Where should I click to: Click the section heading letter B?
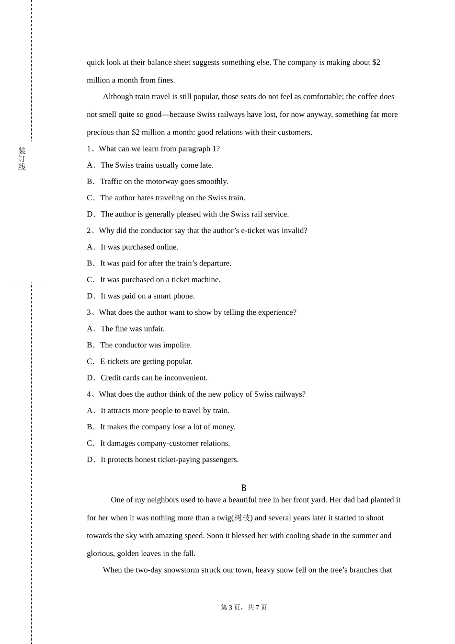point(244,488)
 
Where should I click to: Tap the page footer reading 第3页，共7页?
point(244,608)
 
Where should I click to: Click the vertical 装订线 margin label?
point(22,159)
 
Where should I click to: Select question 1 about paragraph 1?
point(153,149)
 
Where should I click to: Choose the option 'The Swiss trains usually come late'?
point(157,165)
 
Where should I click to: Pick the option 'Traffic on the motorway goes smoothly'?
point(164,182)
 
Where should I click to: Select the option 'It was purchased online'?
point(139,247)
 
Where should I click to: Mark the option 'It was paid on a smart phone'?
point(147,296)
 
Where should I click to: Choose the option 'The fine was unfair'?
point(132,329)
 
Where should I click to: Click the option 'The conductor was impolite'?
point(146,345)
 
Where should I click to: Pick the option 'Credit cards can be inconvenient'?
point(154,378)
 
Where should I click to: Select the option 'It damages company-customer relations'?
point(165,443)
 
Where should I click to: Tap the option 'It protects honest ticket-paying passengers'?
point(169,460)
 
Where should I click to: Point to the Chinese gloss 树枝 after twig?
point(242,518)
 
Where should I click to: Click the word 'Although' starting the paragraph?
point(118,97)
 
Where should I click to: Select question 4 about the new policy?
point(196,394)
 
